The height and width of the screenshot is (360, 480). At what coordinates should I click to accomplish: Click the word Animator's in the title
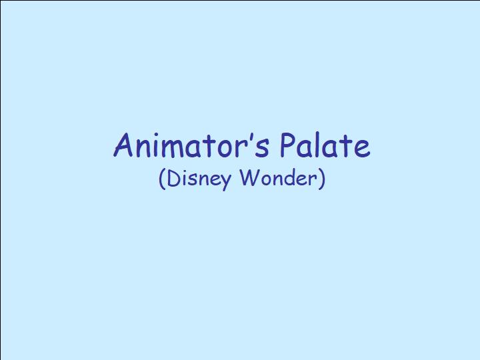pos(191,145)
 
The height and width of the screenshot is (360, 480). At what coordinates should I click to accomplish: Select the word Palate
pos(325,145)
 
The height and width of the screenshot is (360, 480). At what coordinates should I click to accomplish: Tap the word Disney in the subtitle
pos(199,179)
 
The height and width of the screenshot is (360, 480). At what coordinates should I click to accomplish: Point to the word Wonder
pos(278,178)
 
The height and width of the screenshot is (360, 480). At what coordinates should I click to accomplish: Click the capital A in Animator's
pos(123,145)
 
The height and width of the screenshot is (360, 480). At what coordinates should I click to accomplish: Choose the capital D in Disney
pos(174,177)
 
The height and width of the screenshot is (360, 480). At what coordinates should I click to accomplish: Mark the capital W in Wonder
pos(249,177)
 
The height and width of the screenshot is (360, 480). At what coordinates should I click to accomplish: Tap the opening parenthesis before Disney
pos(162,179)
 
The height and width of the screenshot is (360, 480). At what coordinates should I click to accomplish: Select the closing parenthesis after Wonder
pos(321,179)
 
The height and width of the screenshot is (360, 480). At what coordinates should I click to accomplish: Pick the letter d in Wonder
pos(289,178)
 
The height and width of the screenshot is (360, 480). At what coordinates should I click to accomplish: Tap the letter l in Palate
pos(317,145)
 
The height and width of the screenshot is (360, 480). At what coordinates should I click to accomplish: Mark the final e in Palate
pos(362,149)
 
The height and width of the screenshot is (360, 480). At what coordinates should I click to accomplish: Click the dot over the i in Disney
pos(185,171)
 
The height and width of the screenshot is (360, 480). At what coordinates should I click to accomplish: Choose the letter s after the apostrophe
pos(264,149)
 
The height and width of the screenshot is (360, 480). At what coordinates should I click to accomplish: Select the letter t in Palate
pos(346,146)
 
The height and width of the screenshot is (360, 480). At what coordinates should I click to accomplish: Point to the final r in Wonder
pos(313,180)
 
